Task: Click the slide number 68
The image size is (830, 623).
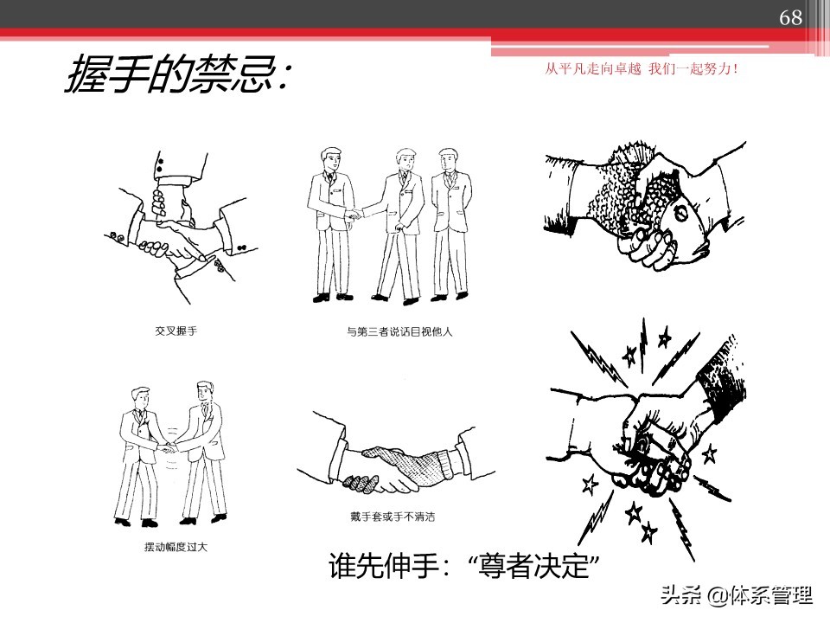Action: tap(790, 18)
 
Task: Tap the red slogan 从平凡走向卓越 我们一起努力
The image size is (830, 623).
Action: tap(642, 68)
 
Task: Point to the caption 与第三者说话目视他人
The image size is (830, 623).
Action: tap(393, 331)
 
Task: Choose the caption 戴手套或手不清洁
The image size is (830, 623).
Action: tap(399, 517)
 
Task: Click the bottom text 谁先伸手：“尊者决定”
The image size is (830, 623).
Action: tap(465, 568)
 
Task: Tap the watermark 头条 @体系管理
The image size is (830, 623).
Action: tap(737, 596)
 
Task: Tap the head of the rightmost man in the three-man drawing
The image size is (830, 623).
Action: tap(447, 160)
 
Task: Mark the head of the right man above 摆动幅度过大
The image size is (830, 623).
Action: tap(204, 391)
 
